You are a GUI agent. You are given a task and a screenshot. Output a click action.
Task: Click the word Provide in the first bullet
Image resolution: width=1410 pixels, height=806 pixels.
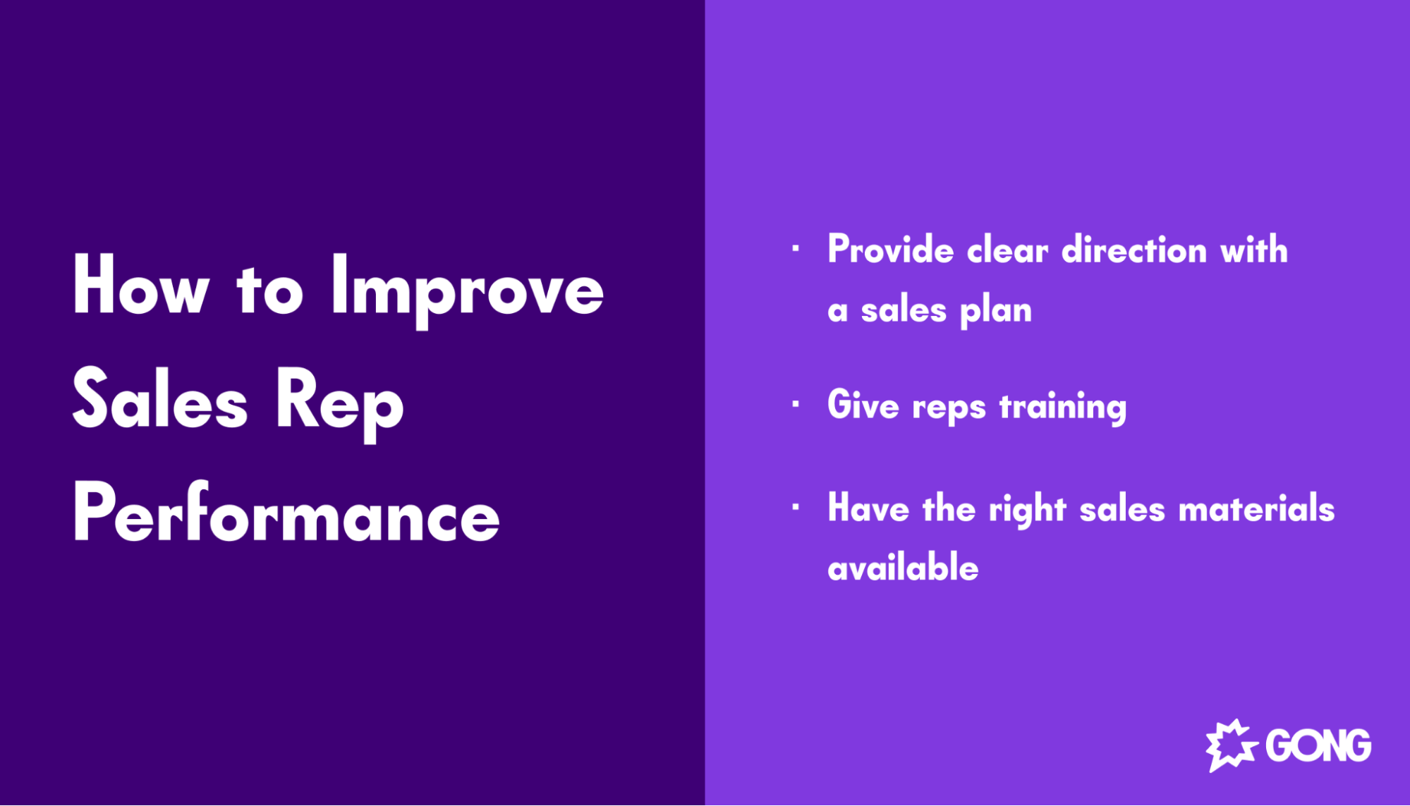point(890,250)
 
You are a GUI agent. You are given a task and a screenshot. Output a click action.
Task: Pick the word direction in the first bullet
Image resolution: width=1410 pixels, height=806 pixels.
point(1134,250)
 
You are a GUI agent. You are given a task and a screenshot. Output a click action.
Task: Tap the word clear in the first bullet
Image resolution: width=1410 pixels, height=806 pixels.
point(1007,251)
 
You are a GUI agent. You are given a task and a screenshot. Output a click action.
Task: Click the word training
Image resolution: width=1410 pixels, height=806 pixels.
point(1063,408)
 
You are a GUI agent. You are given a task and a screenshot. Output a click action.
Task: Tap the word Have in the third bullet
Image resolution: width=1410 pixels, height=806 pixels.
point(868,508)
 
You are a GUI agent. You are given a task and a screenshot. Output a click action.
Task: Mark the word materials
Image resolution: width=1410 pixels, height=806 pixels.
point(1256,508)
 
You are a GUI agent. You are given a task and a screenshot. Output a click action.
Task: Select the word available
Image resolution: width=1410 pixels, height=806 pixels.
point(903,568)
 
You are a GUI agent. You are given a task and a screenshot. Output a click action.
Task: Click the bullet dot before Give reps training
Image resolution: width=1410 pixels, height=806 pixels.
point(796,405)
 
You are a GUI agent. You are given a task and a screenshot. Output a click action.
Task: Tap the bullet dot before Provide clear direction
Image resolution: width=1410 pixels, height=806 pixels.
point(796,248)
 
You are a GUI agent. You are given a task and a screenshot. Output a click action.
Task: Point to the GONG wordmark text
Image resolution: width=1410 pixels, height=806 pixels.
point(1318,746)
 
